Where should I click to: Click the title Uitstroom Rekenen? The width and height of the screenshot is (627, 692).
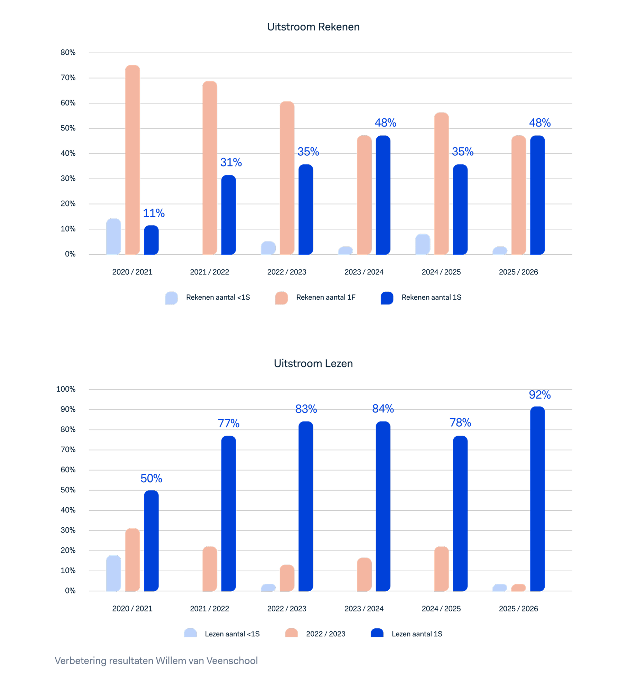click(x=313, y=27)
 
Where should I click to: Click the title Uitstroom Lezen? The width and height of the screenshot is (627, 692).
click(x=313, y=363)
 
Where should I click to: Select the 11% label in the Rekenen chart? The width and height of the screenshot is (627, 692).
click(x=154, y=213)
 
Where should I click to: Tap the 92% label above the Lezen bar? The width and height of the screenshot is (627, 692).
click(x=539, y=395)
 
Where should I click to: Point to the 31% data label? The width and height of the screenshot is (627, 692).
click(x=231, y=162)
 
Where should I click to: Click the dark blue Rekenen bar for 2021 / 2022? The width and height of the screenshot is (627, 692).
click(x=228, y=215)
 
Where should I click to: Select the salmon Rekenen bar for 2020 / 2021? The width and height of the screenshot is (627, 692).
click(x=133, y=160)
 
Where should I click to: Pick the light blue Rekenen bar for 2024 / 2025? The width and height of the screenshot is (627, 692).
click(x=422, y=244)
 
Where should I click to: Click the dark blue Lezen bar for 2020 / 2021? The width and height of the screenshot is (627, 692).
click(x=151, y=541)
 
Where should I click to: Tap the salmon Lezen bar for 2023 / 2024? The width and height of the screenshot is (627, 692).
click(x=364, y=575)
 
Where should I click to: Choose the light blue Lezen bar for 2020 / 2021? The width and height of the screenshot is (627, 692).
click(x=113, y=573)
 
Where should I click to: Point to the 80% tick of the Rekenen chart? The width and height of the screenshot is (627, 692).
click(x=68, y=53)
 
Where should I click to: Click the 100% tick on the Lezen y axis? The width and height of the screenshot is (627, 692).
click(x=66, y=389)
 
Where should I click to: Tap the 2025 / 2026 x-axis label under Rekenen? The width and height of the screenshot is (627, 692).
click(x=518, y=272)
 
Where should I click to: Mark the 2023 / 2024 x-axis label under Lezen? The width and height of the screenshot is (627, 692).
click(x=364, y=609)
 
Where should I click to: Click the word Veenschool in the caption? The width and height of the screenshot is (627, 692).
click(x=232, y=661)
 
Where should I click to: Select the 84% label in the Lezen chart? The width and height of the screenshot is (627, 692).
click(x=383, y=409)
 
